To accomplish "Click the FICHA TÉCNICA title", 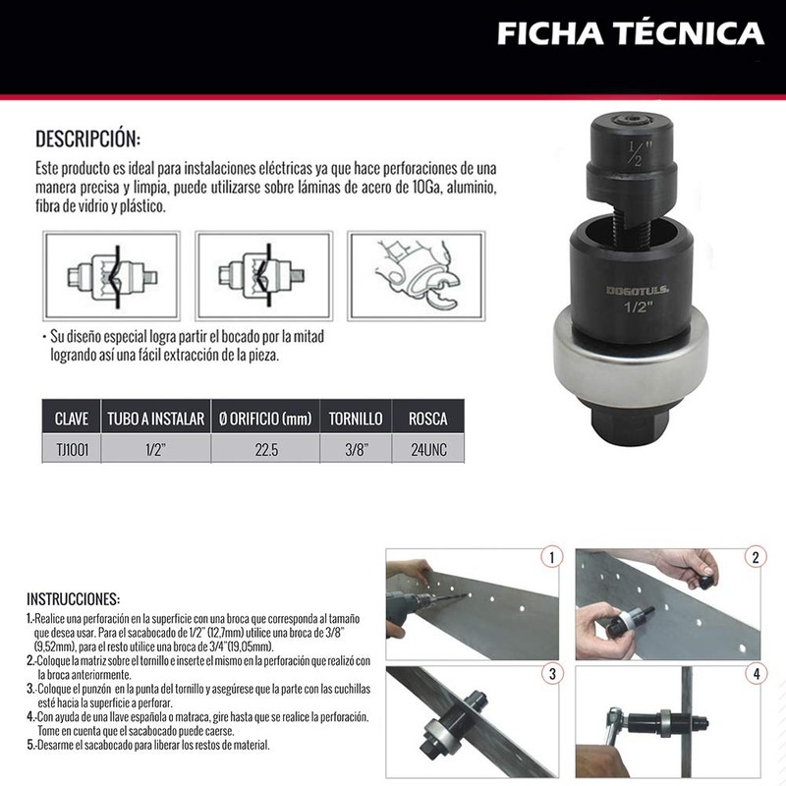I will coord(630,34).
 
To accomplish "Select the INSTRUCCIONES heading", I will coord(73,597).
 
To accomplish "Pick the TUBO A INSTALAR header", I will coord(155,419).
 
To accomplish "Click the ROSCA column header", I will coord(427,419).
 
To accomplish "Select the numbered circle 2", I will coord(756,558).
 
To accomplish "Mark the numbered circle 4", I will coord(756,674).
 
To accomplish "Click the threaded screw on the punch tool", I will coord(626,214).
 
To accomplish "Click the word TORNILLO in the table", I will coord(356,419).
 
